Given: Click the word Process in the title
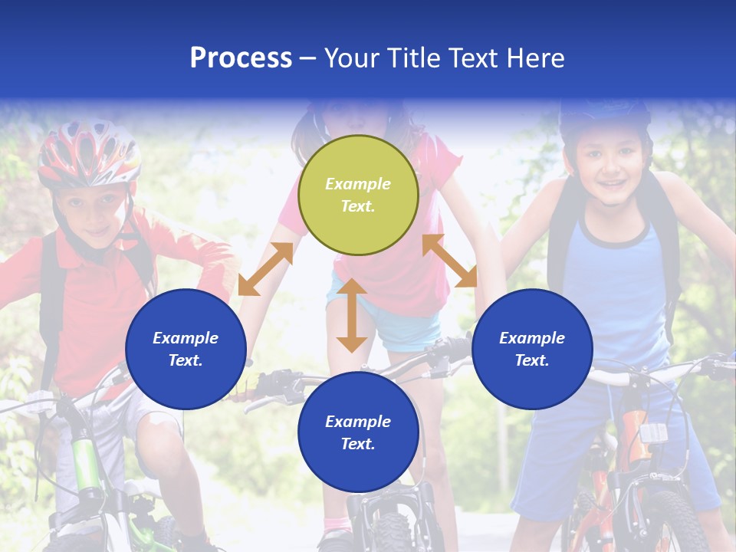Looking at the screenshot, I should [x=241, y=58].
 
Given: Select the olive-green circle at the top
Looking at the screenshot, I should [x=358, y=195].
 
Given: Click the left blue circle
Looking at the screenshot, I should [x=186, y=349].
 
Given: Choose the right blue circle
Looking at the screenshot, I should [x=532, y=349].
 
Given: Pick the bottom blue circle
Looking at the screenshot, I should [x=358, y=432].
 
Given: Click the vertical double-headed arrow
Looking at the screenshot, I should [x=352, y=315].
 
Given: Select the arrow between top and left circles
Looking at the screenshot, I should [x=265, y=269].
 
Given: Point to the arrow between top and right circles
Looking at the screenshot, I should [x=449, y=261].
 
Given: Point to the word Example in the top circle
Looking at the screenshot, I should [x=358, y=184].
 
